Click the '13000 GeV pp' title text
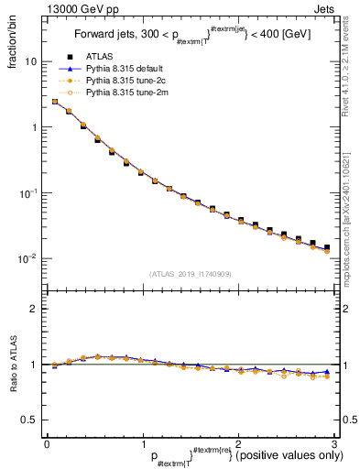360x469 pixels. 72,9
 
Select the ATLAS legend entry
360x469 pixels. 100,57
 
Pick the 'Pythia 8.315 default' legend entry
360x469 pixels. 128,69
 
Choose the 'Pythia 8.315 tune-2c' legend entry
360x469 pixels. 128,81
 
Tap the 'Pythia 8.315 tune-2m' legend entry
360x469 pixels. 128,93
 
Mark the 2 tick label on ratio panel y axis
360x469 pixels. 35,309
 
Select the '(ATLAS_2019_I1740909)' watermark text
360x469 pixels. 190,274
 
